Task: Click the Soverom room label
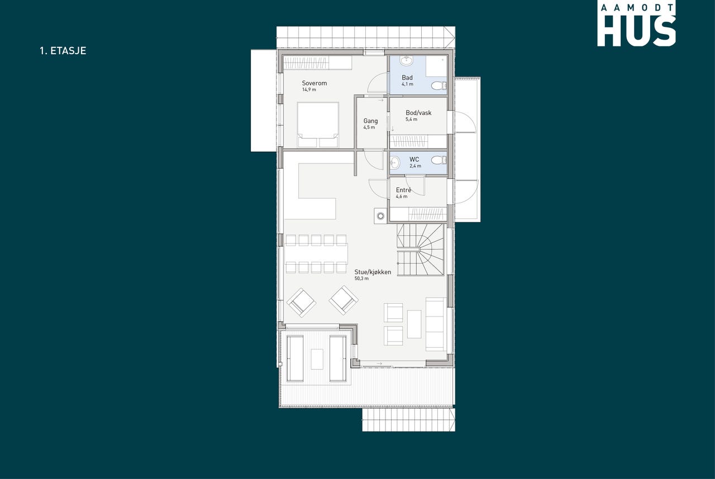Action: (314, 83)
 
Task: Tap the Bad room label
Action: (407, 78)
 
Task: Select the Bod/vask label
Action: (418, 113)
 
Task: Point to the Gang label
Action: (370, 121)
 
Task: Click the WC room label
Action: (414, 160)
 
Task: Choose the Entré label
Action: (403, 190)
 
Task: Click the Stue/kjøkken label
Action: (373, 272)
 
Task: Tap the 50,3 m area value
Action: (361, 279)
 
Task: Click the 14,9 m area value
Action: (309, 90)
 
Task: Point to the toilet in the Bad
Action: (438, 85)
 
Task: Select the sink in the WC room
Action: (394, 163)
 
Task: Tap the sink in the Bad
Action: (407, 60)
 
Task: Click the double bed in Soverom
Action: (318, 124)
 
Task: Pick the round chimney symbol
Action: (380, 216)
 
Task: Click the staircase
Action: (421, 250)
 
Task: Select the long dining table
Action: (316, 253)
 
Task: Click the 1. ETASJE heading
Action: (63, 51)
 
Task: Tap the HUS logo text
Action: (636, 31)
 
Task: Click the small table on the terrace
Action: (317, 359)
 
